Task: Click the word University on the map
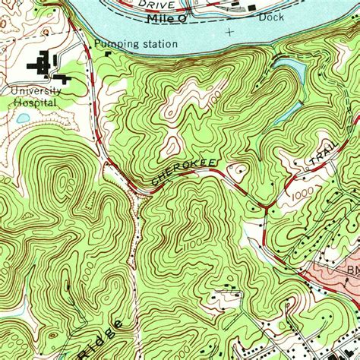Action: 36,90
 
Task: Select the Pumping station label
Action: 137,44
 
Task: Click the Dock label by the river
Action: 270,16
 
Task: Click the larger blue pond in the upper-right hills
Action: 296,72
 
